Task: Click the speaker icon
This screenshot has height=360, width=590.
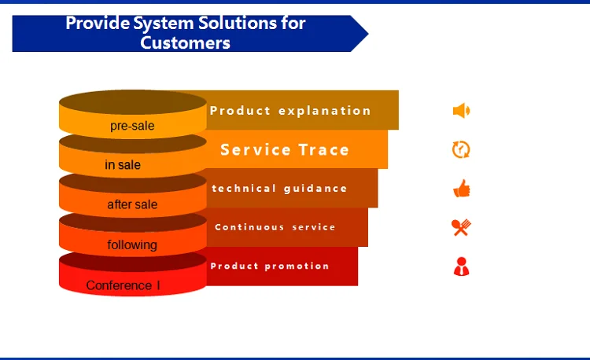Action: tap(461, 111)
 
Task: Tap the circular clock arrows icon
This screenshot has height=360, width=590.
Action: tap(461, 149)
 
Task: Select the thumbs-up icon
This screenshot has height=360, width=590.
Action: tap(462, 189)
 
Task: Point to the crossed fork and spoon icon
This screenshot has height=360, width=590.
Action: tap(461, 227)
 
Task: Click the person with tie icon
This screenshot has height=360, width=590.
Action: tap(461, 266)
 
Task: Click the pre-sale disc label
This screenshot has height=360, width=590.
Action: tap(132, 126)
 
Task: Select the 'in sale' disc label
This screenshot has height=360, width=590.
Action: tap(123, 164)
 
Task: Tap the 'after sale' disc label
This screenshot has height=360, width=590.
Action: tap(132, 204)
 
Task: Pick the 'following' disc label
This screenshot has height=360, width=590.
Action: tap(132, 245)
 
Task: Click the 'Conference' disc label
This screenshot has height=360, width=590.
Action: tap(119, 285)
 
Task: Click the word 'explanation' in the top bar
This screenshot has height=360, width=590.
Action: tap(325, 111)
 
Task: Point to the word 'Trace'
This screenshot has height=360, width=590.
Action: tap(324, 150)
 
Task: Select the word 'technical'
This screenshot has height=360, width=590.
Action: tap(244, 189)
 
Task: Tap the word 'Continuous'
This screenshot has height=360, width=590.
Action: tap(249, 227)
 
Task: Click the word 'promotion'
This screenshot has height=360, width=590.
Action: tap(297, 266)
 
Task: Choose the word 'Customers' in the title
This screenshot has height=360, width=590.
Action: tap(185, 43)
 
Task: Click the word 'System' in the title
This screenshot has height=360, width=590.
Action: tap(164, 24)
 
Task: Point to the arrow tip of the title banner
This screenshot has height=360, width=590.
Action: tap(368, 34)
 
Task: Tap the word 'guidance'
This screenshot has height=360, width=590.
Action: tap(315, 189)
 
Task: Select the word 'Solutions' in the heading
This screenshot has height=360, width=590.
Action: tap(238, 23)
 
